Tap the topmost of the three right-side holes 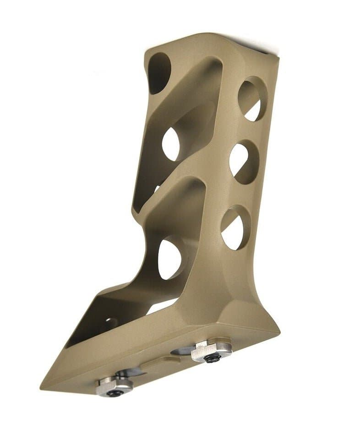tap(253, 100)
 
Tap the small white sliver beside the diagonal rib tap(157, 188)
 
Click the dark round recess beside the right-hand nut tap(183, 352)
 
